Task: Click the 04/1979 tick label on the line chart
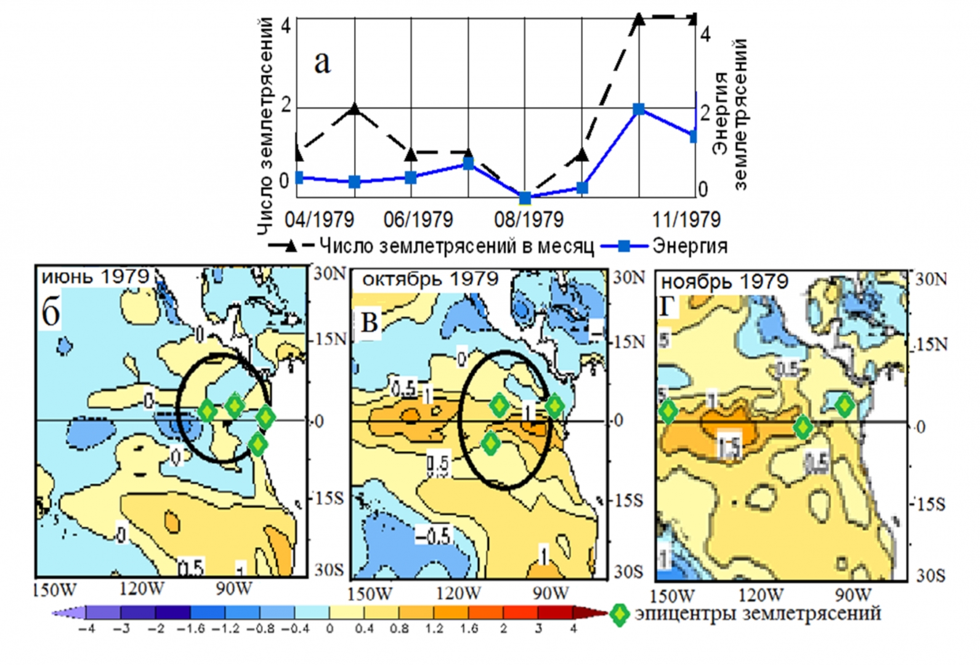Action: (319, 219)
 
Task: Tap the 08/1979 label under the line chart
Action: (528, 219)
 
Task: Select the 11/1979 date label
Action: (686, 219)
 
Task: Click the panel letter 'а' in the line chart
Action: (322, 62)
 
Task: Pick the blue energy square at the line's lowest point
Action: (525, 198)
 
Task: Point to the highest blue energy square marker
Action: (639, 109)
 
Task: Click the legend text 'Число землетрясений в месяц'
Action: (456, 246)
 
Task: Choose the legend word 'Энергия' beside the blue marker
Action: (690, 246)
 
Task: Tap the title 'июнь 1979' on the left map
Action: (95, 276)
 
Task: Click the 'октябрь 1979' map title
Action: (430, 280)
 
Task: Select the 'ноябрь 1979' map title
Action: (724, 282)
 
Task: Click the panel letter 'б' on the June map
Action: (51, 313)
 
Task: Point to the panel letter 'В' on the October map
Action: (369, 321)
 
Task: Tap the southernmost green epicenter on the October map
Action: (490, 443)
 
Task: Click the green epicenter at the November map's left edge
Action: (668, 410)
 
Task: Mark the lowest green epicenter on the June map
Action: (258, 443)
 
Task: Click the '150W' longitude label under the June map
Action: (55, 589)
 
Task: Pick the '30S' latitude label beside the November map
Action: (930, 576)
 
